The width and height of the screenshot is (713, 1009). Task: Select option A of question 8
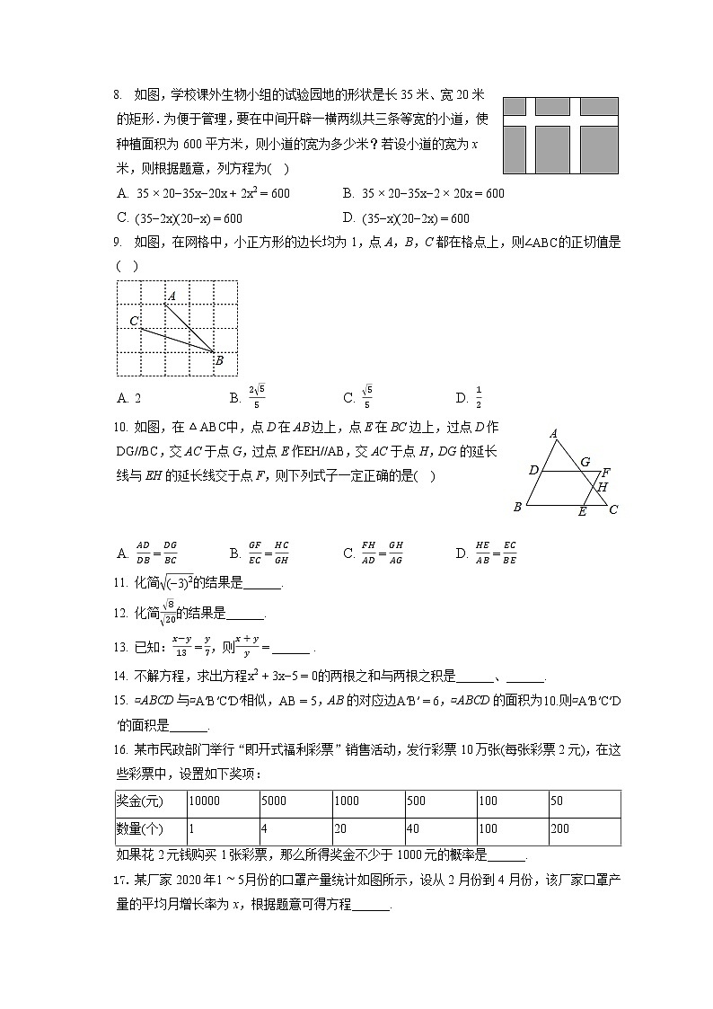(x=203, y=193)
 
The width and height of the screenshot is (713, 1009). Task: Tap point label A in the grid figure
(x=172, y=296)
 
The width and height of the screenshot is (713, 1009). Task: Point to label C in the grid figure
(x=134, y=321)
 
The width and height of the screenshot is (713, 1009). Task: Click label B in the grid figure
(x=219, y=361)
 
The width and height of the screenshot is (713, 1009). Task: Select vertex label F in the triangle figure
(x=606, y=473)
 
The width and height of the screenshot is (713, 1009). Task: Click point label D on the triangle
(x=533, y=471)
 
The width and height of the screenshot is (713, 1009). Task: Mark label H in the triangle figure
(x=603, y=488)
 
